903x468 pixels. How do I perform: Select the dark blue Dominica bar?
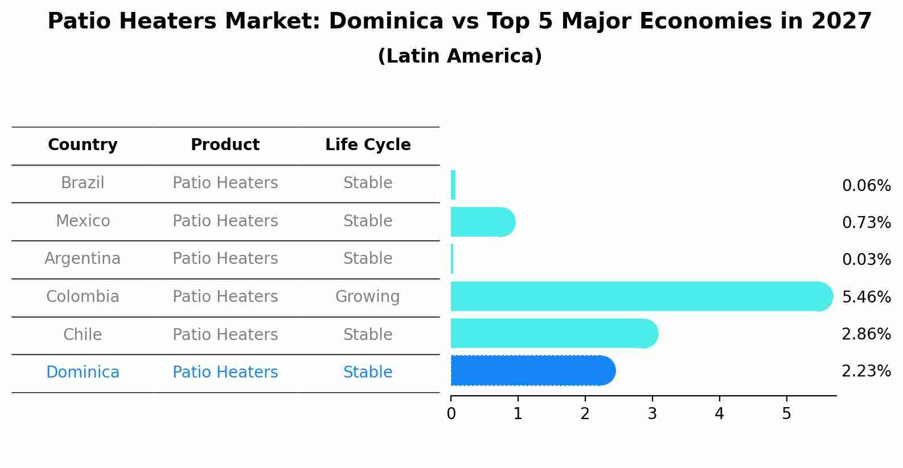(x=532, y=371)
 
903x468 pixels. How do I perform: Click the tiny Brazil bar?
(x=453, y=185)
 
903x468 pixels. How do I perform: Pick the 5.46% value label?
(x=866, y=297)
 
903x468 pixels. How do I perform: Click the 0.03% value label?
(x=866, y=260)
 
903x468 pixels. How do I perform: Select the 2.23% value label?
(x=866, y=371)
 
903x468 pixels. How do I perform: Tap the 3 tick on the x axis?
(x=652, y=414)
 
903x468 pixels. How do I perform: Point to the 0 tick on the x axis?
(x=451, y=414)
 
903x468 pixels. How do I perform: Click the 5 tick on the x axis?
(x=786, y=414)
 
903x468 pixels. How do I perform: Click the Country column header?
(x=83, y=145)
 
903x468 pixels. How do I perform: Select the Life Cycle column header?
(x=368, y=145)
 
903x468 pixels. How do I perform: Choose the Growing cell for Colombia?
(x=368, y=297)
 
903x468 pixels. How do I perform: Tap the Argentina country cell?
(x=83, y=259)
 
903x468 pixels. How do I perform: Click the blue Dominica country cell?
(x=83, y=372)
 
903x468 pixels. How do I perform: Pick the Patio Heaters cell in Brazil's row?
(x=225, y=183)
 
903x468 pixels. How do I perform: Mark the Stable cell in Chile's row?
(x=368, y=334)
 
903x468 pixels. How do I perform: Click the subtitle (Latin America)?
(x=459, y=56)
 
